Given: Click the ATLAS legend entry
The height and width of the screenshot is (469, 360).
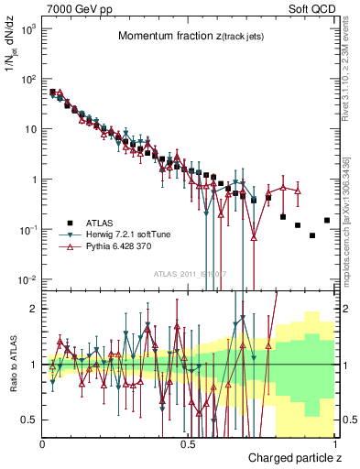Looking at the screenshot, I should tap(96, 223).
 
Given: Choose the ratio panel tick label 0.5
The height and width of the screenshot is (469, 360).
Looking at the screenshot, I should tap(28, 420).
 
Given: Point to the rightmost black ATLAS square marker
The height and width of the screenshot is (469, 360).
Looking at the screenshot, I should tap(327, 220).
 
